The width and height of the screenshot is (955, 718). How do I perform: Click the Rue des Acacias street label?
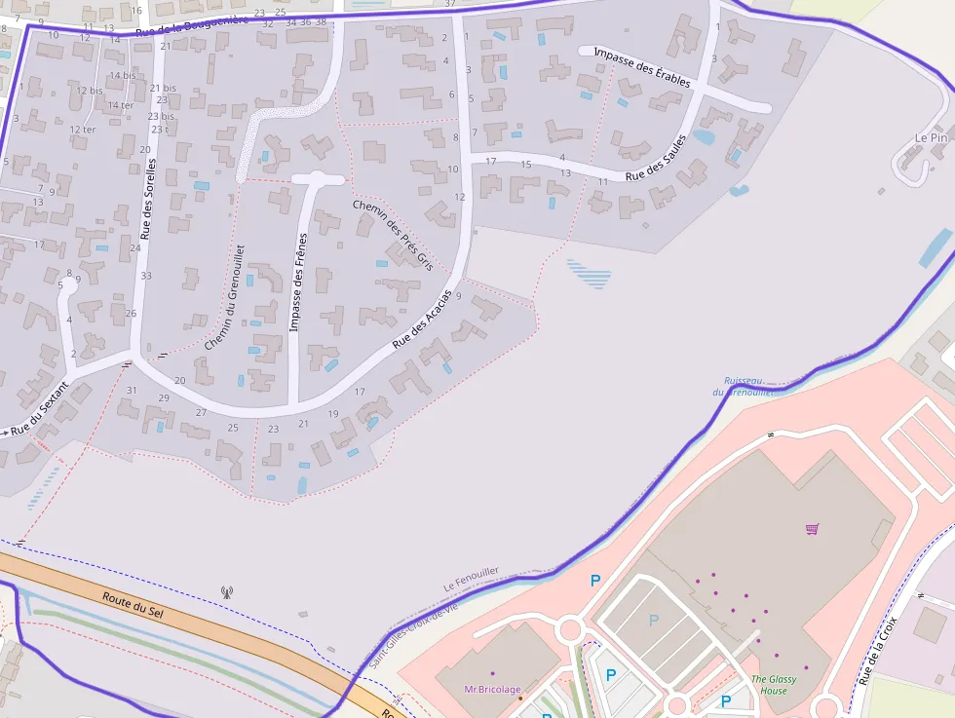[x=421, y=320]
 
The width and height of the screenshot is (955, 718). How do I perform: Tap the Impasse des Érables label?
[x=641, y=66]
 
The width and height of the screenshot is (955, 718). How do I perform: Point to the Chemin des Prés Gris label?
[x=392, y=234]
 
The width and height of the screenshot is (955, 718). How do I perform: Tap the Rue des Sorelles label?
[x=148, y=199]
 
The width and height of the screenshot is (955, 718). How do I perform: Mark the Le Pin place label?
[x=931, y=138]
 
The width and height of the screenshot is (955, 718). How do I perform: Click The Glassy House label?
[x=774, y=685]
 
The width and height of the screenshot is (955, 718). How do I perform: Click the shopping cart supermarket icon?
[x=812, y=529]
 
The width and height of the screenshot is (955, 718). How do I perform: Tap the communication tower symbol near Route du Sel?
[x=227, y=590]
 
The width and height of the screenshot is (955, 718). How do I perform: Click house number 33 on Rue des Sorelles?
[x=145, y=276]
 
